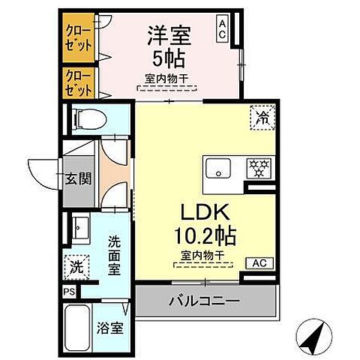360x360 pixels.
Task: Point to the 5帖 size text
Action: (166, 58)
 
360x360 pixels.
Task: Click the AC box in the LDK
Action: (259, 263)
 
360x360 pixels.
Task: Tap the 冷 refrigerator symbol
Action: (262, 117)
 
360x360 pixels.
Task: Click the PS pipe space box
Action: (68, 292)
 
